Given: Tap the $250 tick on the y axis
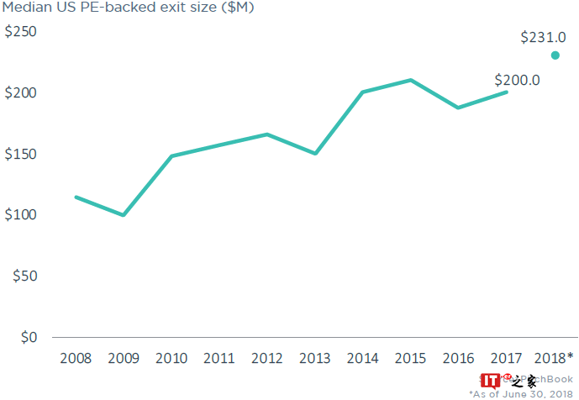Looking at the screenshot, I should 21,33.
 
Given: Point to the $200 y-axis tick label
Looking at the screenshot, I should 21,93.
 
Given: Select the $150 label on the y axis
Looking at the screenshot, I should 21,155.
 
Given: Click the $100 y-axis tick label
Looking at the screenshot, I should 21,215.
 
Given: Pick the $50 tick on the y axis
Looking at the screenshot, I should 24,276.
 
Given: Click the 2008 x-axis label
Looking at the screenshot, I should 76,358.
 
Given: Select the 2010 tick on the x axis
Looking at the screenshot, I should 171,358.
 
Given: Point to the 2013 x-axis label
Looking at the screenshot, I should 315,358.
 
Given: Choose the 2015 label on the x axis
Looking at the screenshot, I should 411,358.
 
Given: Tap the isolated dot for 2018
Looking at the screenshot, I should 555,55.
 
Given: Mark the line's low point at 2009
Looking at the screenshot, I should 124,215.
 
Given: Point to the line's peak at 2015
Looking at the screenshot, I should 411,80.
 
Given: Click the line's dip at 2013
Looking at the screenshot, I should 315,154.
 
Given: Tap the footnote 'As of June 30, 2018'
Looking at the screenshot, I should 520,393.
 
